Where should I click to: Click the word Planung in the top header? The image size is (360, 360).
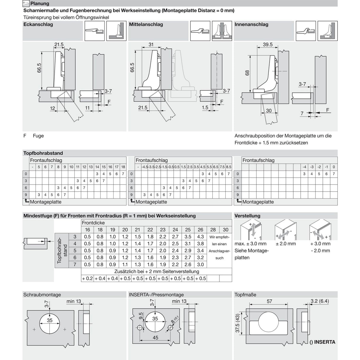(40, 4)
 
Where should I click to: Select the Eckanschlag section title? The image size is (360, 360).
(38, 24)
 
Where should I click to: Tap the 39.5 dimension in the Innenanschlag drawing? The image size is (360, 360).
(267, 44)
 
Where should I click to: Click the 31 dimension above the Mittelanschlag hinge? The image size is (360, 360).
(151, 44)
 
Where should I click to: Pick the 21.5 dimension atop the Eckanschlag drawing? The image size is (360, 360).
(59, 44)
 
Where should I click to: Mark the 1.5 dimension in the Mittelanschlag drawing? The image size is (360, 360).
(205, 108)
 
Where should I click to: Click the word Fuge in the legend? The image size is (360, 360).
(38, 136)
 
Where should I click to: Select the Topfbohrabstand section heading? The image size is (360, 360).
(43, 153)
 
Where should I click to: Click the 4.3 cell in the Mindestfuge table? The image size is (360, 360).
(200, 237)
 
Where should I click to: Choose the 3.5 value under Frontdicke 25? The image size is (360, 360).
(188, 237)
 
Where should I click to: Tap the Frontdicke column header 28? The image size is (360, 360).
(213, 230)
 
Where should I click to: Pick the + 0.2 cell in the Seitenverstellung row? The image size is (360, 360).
(87, 278)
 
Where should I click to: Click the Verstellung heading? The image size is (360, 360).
(247, 216)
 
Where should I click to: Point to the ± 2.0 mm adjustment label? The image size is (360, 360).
(286, 243)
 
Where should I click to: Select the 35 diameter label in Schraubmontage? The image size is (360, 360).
(50, 320)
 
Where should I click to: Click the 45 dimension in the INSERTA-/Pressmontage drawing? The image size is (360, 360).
(155, 337)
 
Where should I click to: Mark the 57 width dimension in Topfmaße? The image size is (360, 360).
(269, 301)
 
